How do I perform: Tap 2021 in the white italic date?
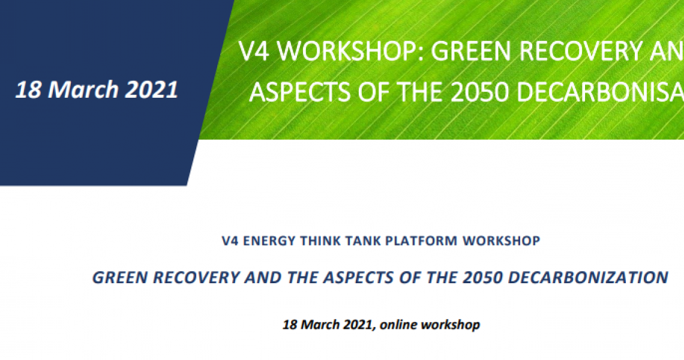[152, 89]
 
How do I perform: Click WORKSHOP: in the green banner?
[351, 51]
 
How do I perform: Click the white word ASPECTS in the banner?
[299, 92]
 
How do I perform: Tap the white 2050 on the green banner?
[480, 92]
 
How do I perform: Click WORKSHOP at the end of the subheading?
[502, 241]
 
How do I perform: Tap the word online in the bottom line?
[398, 325]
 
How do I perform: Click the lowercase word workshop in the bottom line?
[451, 325]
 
